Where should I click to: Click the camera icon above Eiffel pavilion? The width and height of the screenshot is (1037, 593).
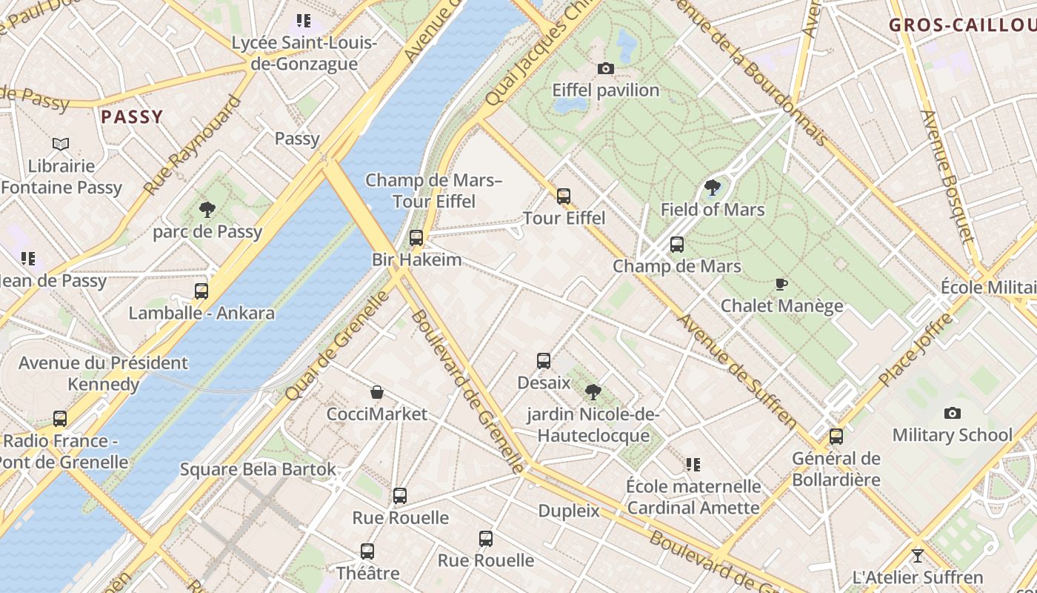point(605,69)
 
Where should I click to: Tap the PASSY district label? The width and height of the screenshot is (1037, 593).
point(132,116)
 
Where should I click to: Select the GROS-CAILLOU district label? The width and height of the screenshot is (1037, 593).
point(962,24)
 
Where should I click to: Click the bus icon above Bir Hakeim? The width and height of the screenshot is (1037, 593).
point(416,238)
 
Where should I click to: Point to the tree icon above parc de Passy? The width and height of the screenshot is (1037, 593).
point(207,211)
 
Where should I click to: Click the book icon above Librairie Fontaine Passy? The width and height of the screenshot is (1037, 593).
point(61,144)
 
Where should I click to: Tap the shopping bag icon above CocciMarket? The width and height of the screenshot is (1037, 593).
point(377,392)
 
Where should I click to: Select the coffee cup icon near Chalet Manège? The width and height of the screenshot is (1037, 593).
point(781,284)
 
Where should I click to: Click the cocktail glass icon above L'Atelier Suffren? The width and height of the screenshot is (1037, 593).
point(918,555)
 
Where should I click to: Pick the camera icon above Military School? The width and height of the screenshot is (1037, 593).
point(953,413)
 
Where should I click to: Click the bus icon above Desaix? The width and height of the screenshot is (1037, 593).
point(544,361)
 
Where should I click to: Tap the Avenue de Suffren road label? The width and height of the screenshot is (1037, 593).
point(738,373)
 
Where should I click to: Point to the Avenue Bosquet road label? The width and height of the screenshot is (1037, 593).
point(946,175)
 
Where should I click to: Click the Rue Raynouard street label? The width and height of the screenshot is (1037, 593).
point(194,145)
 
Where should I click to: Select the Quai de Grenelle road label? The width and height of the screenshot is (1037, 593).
point(338,345)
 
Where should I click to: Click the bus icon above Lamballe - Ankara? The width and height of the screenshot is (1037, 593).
point(201,291)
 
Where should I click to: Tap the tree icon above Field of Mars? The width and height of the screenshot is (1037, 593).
point(713,188)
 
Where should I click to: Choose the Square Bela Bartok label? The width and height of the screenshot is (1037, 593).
point(258,469)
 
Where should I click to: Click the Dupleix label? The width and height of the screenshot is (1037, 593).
point(569,511)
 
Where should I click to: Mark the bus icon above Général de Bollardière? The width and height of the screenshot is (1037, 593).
point(836,437)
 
